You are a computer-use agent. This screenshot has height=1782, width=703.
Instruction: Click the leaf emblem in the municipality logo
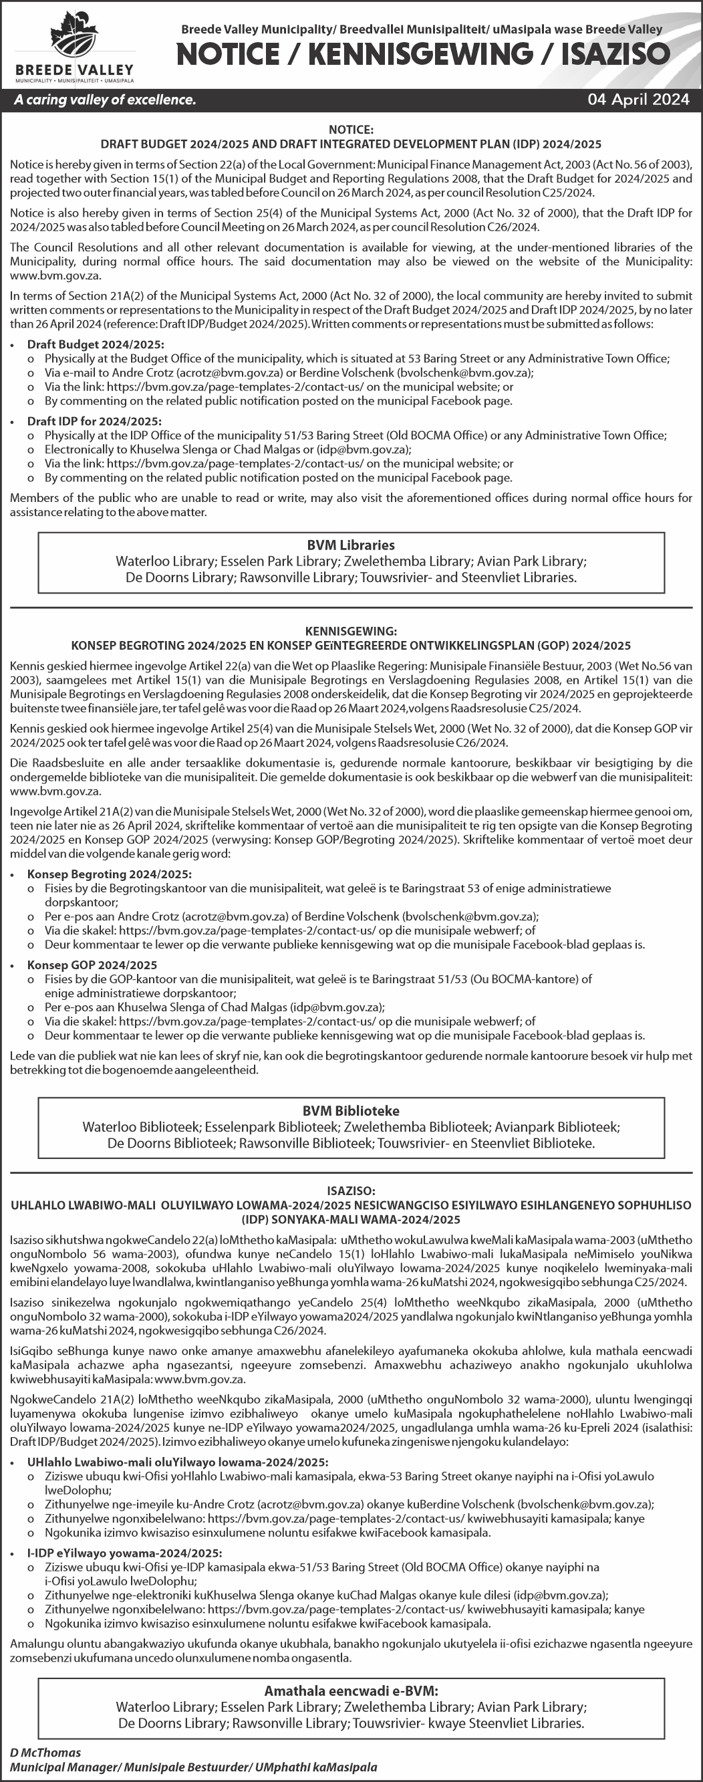click(x=74, y=37)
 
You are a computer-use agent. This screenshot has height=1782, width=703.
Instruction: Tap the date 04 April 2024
click(x=638, y=100)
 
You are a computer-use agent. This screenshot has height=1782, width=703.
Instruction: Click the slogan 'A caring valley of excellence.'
click(x=105, y=100)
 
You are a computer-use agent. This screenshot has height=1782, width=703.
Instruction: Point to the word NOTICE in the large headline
click(x=228, y=54)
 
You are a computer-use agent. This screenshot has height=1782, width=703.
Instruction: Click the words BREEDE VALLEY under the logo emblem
click(x=74, y=71)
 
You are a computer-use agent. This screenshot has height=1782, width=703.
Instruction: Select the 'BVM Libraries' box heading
click(x=351, y=545)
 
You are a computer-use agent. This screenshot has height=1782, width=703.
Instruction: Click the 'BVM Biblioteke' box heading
click(x=351, y=1111)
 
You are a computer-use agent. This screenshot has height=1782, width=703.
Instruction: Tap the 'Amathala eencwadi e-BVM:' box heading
click(x=351, y=1690)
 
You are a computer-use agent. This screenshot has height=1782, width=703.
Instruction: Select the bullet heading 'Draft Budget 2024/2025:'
click(x=96, y=344)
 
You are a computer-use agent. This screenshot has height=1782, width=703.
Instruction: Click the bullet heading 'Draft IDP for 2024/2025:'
click(x=94, y=421)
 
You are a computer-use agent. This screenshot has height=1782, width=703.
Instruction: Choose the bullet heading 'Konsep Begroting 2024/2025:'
click(x=110, y=874)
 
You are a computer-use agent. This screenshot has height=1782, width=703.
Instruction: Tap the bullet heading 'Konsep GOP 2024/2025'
click(x=92, y=965)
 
